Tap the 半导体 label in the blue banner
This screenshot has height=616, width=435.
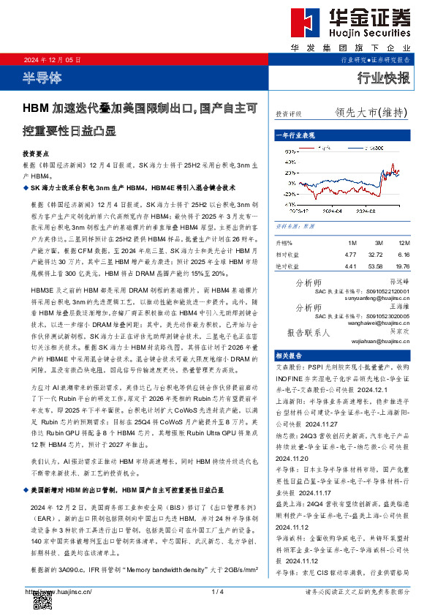coord(40,77)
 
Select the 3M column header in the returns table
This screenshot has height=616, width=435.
coord(377,242)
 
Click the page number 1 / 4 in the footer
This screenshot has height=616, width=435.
coord(217,590)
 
